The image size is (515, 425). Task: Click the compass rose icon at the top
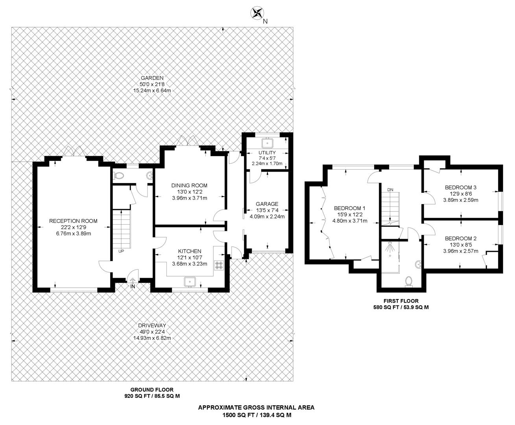pyautogui.click(x=257, y=13)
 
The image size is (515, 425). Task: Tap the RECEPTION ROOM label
pyautogui.click(x=73, y=221)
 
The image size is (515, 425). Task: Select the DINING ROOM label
pyautogui.click(x=189, y=185)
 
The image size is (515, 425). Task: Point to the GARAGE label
pyautogui.click(x=267, y=204)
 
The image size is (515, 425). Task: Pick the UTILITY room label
pyautogui.click(x=267, y=153)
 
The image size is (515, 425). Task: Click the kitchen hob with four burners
pyautogui.click(x=219, y=265)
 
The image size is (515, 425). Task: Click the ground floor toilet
pyautogui.click(x=119, y=175)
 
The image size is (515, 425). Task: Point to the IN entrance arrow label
pyautogui.click(x=132, y=286)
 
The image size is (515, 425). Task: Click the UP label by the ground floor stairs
pyautogui.click(x=121, y=251)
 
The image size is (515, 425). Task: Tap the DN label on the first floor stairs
pyautogui.click(x=390, y=190)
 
